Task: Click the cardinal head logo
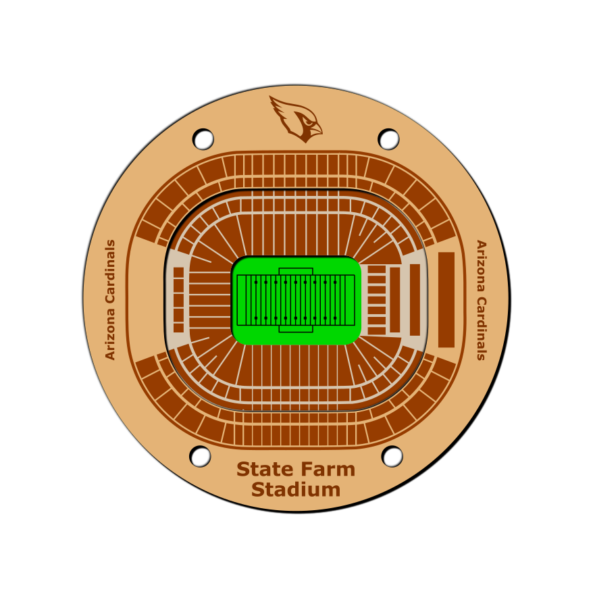pos(296,119)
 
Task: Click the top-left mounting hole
pos(203,139)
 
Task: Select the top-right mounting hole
pos(388,139)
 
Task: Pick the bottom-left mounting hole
pos(200,456)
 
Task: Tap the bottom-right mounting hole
pos(392,456)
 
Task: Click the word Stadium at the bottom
pos(296,490)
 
